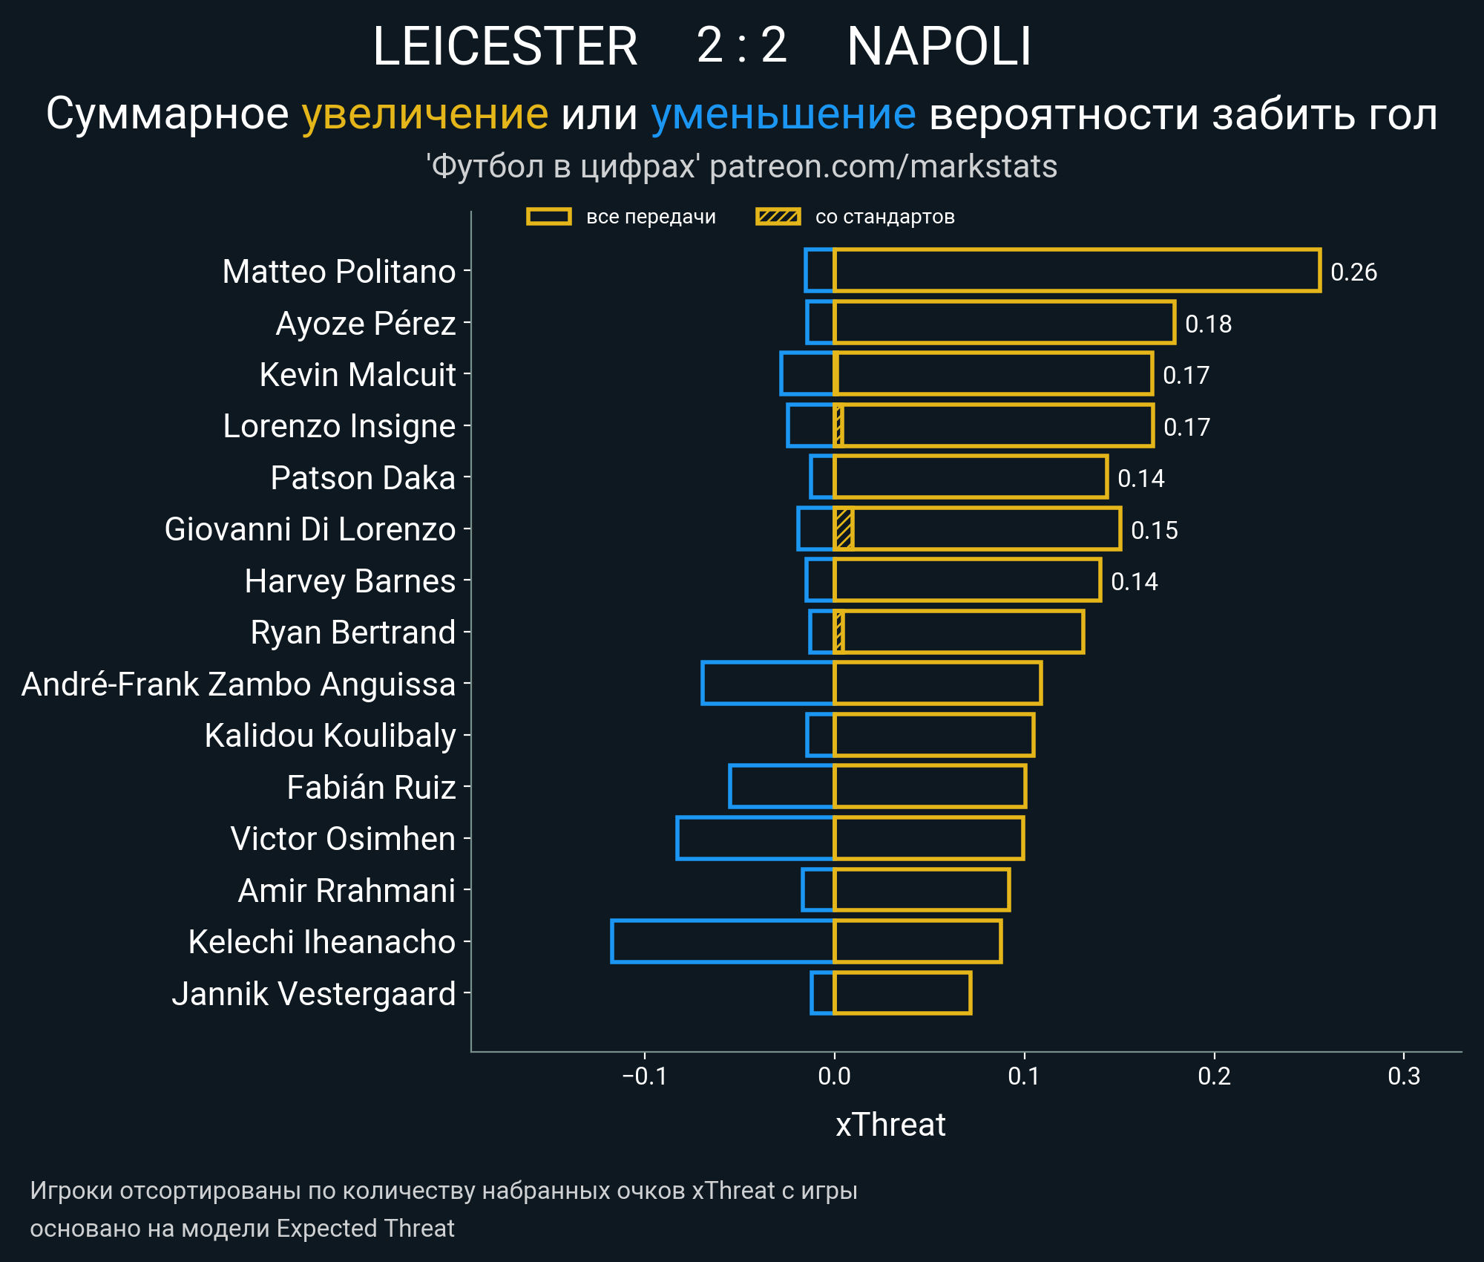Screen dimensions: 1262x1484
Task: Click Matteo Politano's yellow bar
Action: [x=1076, y=271]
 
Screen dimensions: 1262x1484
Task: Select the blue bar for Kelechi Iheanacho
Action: [x=722, y=941]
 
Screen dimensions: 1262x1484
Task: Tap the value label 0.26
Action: [x=1353, y=272]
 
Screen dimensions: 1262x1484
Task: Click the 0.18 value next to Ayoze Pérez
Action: [x=1208, y=324]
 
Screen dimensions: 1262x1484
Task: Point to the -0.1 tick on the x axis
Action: [x=645, y=1076]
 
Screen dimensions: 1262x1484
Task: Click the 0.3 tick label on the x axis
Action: [x=1404, y=1076]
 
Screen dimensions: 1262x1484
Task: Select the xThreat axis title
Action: [x=890, y=1125]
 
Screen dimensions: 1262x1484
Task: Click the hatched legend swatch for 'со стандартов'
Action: [x=778, y=217]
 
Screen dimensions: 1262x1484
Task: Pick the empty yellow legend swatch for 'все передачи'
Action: [x=548, y=217]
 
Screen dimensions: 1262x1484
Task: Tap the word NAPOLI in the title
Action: [x=939, y=46]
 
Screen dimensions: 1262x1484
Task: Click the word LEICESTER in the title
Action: [x=505, y=46]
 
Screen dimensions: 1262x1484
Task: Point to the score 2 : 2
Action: [x=741, y=46]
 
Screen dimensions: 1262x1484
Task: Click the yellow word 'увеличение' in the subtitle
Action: [x=424, y=114]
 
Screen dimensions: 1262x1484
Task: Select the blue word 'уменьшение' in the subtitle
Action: [x=783, y=114]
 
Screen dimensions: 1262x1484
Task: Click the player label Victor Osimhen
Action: [x=343, y=839]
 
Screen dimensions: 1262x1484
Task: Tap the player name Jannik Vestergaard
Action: [x=313, y=994]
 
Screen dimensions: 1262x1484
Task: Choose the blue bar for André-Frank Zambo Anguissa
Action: [x=767, y=683]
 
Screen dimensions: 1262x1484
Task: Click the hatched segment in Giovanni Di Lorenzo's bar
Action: [x=844, y=529]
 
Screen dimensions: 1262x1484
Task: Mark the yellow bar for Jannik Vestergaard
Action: [x=902, y=993]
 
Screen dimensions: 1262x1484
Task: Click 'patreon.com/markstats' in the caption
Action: [x=883, y=166]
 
